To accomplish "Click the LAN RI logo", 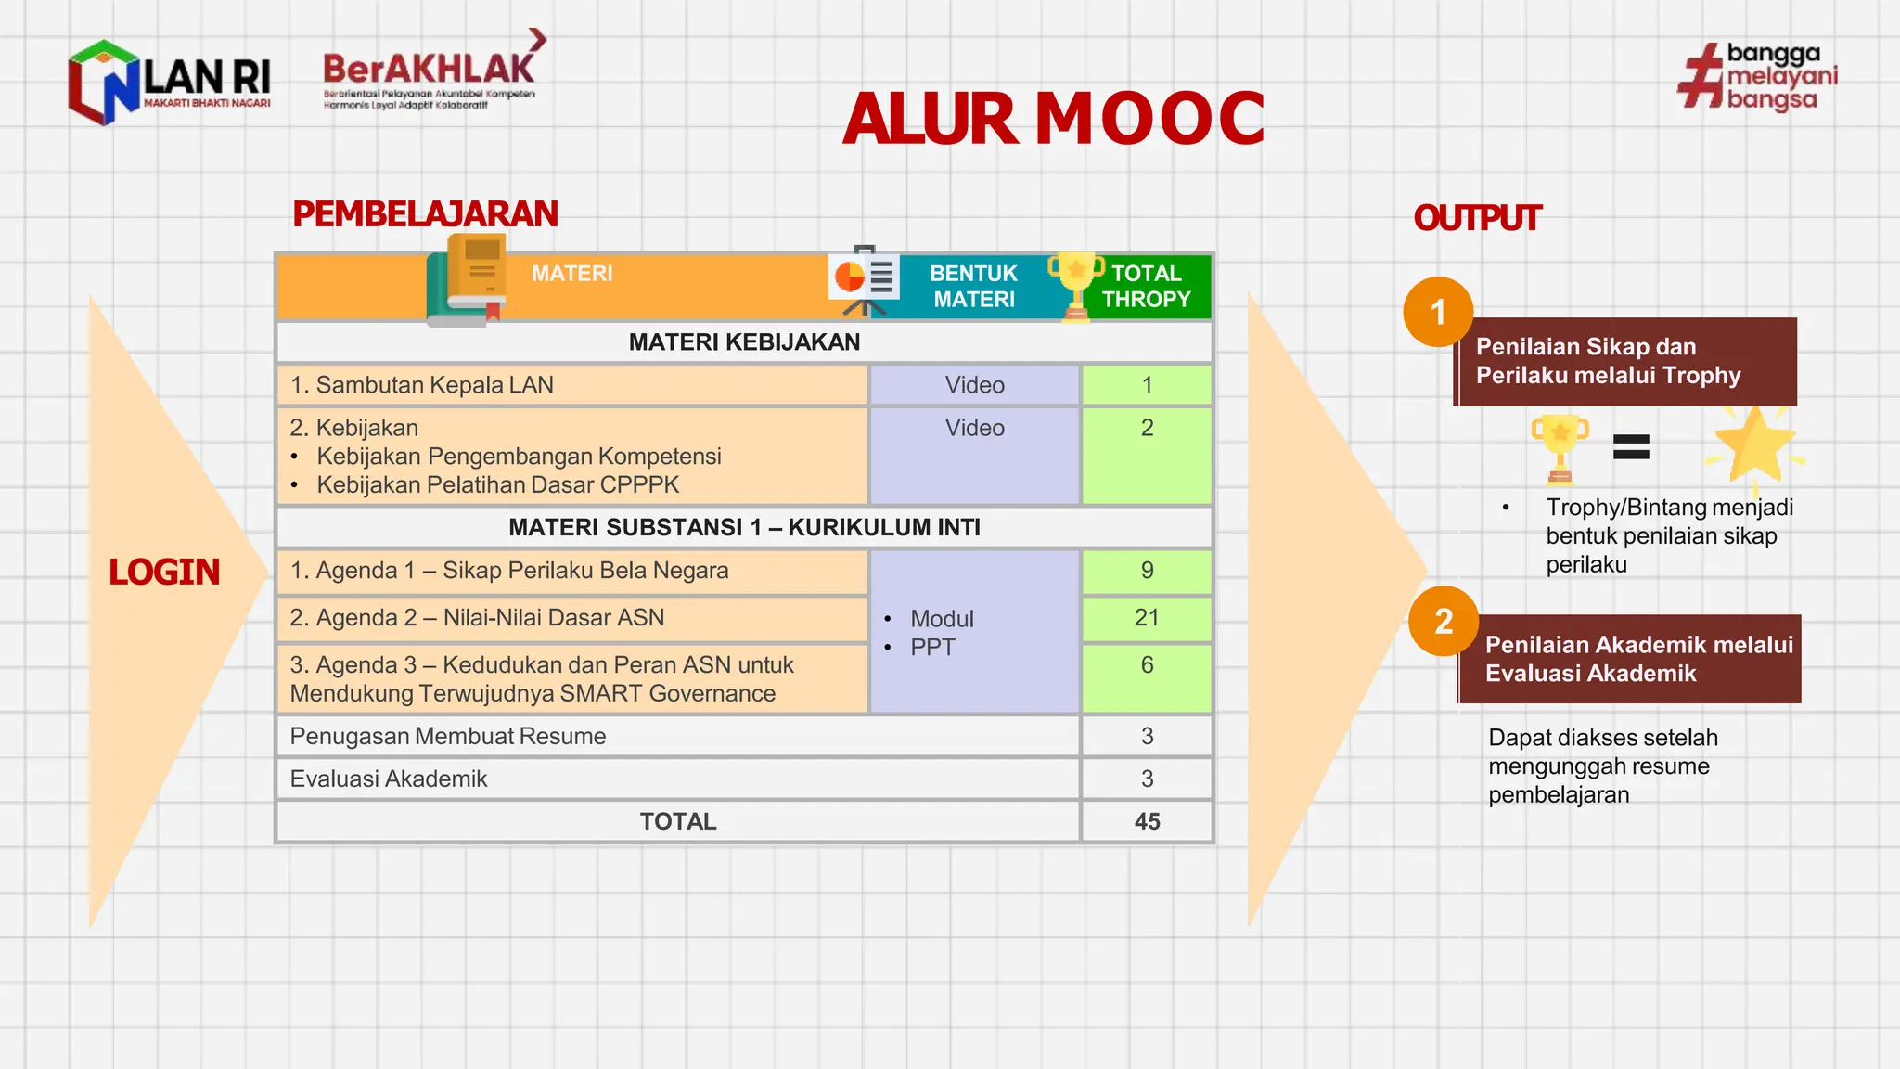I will (170, 82).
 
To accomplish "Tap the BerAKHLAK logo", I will (431, 74).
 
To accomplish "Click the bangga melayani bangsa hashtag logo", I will (1756, 77).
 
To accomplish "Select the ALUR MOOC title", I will (1054, 119).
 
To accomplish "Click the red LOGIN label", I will (164, 572).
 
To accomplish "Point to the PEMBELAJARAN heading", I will (425, 214).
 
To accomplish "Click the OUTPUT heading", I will (1476, 219).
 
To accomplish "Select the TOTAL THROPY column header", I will (1146, 286).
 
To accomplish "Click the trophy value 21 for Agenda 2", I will (1147, 618).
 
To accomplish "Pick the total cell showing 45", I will (1147, 821).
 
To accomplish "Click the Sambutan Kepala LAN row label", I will (422, 385).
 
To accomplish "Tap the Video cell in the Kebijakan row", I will (974, 428).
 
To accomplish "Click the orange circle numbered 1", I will (1438, 313).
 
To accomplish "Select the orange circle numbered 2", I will (1443, 622).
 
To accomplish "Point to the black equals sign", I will (1631, 447).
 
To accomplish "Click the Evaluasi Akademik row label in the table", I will (389, 779).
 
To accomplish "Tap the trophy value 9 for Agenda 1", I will (1147, 571).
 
